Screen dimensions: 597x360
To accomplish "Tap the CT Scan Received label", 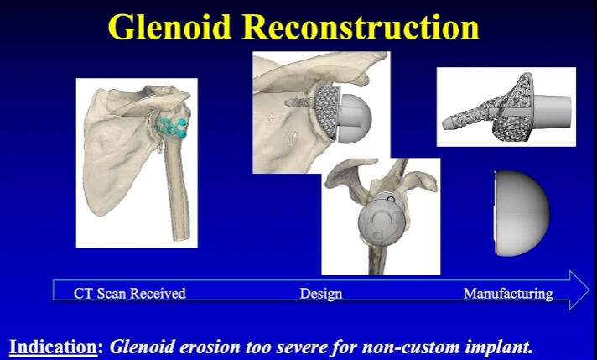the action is tap(129, 293).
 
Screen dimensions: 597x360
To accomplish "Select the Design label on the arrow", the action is tap(320, 293).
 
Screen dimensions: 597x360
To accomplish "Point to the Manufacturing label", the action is tap(508, 293).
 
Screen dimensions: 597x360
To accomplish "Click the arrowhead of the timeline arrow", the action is tap(578, 290).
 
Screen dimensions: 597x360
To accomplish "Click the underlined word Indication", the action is tap(54, 346).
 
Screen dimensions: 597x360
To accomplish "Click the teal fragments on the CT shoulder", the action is tap(174, 127).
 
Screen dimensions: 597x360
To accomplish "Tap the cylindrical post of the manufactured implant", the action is tap(555, 111).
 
